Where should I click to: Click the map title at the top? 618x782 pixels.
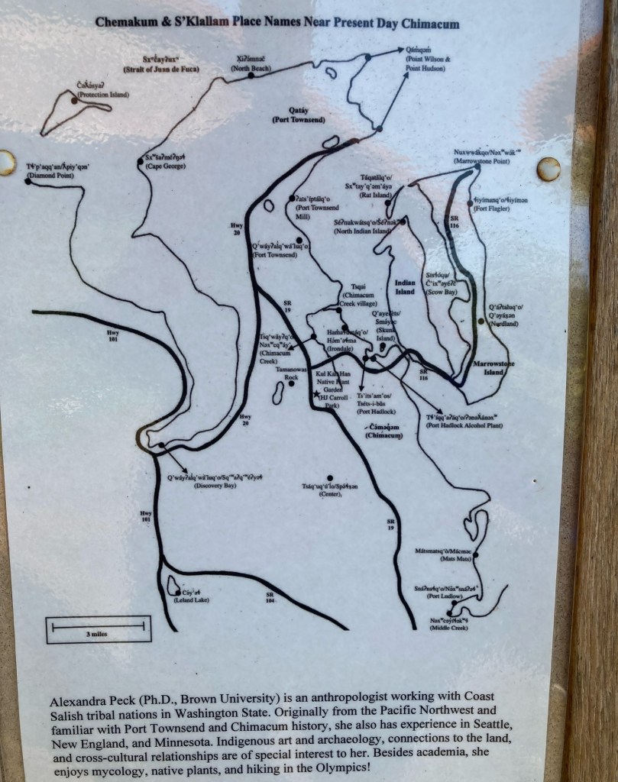point(277,23)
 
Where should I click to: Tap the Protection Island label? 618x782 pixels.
point(102,95)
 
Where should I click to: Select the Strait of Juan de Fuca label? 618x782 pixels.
point(170,69)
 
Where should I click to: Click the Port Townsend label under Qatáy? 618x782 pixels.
point(298,120)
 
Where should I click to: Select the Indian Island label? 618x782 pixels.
point(405,287)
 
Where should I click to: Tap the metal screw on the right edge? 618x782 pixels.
point(548,169)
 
